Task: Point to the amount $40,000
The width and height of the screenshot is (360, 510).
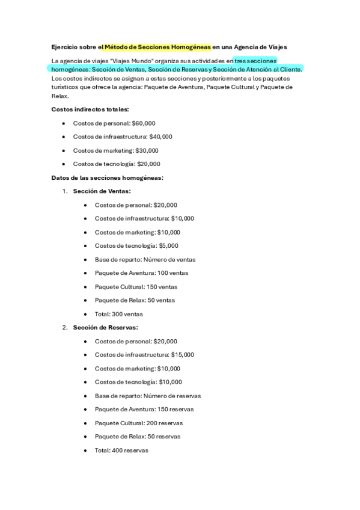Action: [160, 137]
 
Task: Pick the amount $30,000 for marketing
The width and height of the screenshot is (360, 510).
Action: [147, 150]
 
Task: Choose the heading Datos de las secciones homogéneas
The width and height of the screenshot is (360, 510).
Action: [108, 177]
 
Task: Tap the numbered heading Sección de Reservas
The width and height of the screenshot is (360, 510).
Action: [105, 328]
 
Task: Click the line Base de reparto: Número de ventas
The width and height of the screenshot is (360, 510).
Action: [145, 259]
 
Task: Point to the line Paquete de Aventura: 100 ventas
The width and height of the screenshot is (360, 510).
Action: [141, 273]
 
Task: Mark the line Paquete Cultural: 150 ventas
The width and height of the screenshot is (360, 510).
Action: [136, 286]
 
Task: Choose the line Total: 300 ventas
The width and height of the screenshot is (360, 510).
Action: [118, 314]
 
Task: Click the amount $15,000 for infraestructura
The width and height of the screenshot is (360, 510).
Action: [182, 355]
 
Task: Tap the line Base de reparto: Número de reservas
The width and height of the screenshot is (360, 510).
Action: [148, 396]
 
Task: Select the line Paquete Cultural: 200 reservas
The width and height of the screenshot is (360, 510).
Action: [139, 423]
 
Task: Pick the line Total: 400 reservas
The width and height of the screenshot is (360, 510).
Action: [121, 450]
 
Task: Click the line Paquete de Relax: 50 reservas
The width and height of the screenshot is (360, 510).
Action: [138, 437]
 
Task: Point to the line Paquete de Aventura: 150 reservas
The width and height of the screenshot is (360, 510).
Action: [144, 410]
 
